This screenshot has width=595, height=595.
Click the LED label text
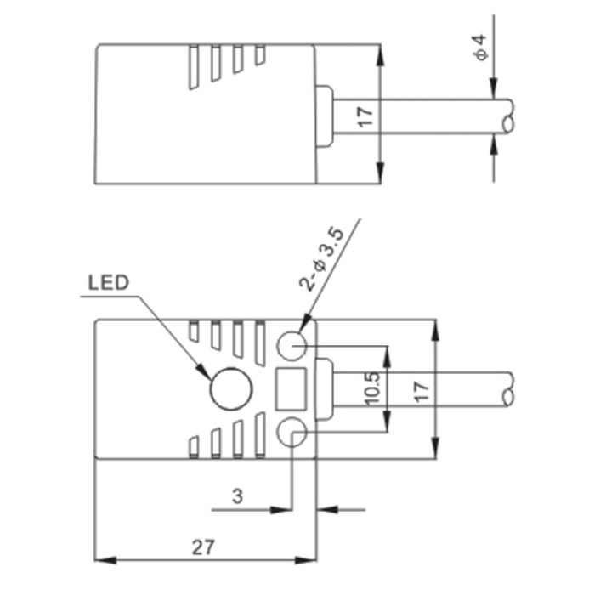coord(109,283)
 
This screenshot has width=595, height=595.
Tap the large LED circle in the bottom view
coord(231,388)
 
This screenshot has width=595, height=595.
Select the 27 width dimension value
coord(203,547)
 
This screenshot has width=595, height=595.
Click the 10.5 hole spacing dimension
coord(372,388)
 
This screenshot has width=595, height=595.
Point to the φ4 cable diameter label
coord(480,47)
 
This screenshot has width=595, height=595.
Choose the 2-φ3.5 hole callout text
coord(322,259)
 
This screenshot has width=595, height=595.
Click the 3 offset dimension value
coord(237,496)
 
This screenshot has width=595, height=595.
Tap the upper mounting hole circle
coord(292,346)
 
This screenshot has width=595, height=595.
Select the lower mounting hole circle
coord(292,432)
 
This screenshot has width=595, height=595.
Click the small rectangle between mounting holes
coord(291,389)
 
